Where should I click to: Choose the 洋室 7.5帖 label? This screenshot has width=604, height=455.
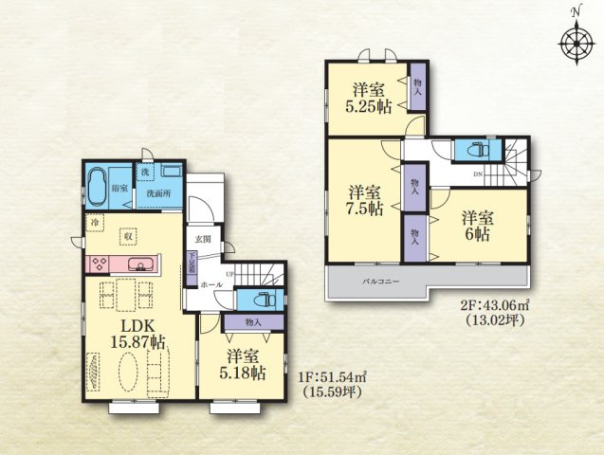365,198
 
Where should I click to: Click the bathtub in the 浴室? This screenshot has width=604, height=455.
97,182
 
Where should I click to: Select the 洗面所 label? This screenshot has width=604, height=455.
157,194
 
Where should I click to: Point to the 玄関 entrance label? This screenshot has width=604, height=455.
204,239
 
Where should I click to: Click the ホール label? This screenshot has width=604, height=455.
211,284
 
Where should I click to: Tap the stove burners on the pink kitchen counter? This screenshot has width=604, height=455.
101,264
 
